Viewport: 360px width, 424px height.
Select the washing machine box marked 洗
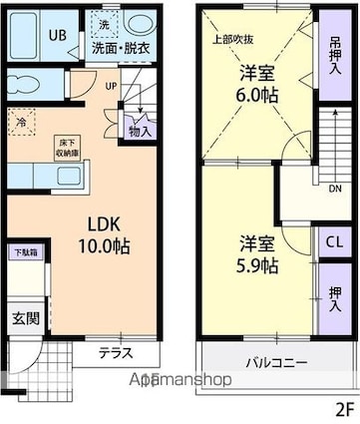(x=101, y=23)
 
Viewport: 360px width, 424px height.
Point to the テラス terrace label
(x=118, y=351)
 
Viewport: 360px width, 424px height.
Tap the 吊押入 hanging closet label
(x=332, y=57)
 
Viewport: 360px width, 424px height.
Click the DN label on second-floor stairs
(x=333, y=188)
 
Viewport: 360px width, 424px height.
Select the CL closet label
(x=332, y=242)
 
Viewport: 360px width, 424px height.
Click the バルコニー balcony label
(x=277, y=361)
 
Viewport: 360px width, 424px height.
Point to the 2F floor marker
(x=344, y=409)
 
